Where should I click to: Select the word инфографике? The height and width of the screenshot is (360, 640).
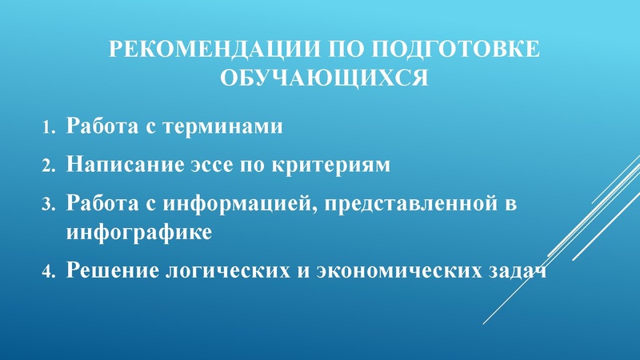tap(140, 233)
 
